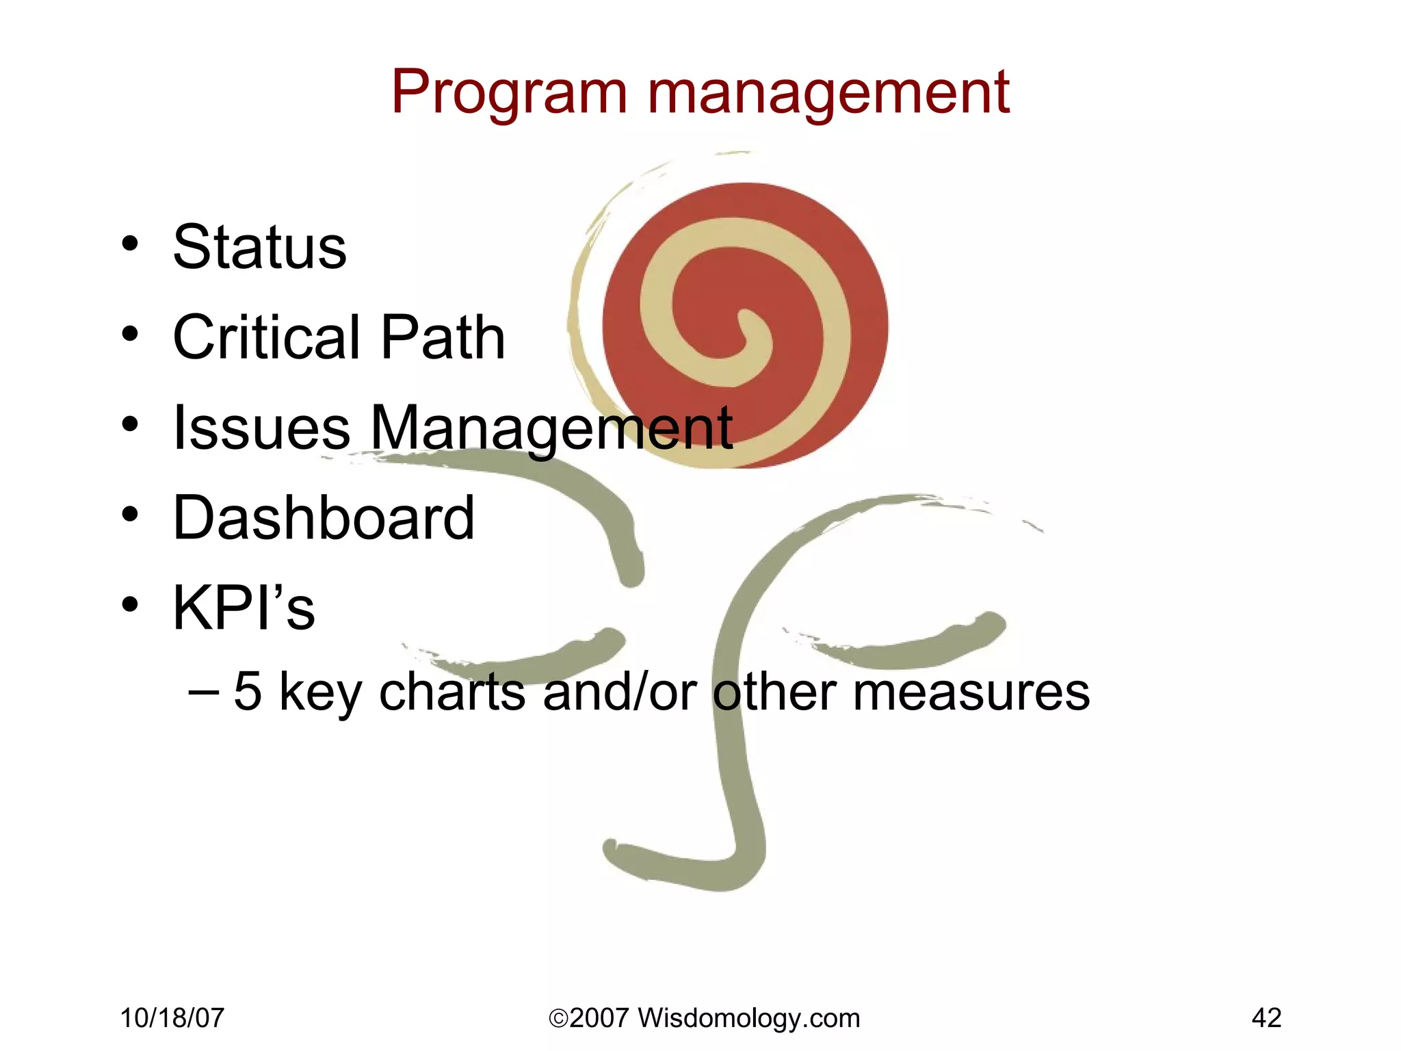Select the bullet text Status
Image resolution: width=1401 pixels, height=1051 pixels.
(x=260, y=247)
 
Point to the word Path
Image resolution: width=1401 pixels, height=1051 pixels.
(x=443, y=337)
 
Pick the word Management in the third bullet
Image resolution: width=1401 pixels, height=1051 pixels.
(x=551, y=428)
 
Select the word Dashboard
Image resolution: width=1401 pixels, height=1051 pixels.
(x=324, y=517)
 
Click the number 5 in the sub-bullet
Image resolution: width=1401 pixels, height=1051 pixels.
(x=248, y=692)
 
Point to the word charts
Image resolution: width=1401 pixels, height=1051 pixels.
(x=451, y=692)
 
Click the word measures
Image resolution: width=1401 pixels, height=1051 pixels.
(x=971, y=692)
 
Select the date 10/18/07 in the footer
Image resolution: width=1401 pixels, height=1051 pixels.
(x=172, y=1018)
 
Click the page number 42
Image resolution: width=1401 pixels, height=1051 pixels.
(x=1266, y=1018)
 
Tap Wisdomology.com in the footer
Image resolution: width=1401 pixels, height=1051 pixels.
(x=749, y=1018)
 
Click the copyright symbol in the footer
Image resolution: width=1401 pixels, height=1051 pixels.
(x=558, y=1019)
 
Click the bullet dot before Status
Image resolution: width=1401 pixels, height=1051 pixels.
(x=130, y=244)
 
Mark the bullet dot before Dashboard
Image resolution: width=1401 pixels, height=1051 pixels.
(x=130, y=515)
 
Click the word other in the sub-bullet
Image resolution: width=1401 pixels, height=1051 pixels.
(x=774, y=692)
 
